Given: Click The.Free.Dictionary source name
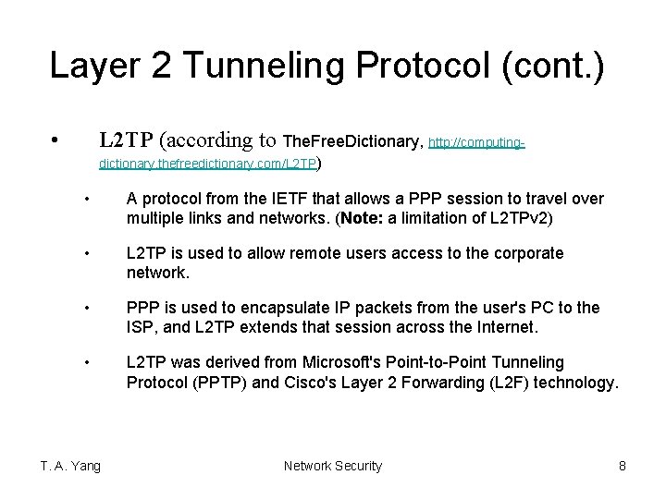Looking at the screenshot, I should point(352,141).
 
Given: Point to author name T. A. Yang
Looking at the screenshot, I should point(70,466).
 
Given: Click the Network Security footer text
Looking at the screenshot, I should point(332,466).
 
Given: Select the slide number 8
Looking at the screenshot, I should point(623,466).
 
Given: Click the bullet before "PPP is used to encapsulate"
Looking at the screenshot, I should point(85,308).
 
